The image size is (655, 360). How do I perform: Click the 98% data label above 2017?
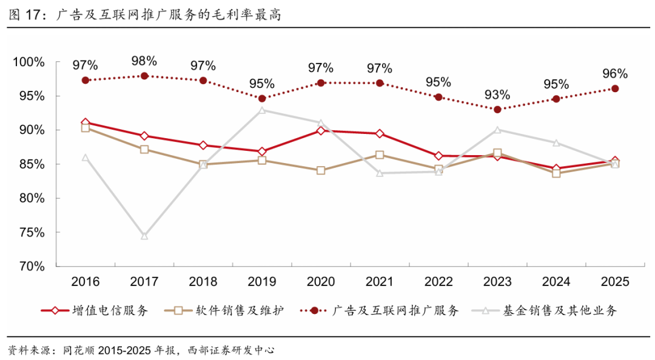coord(144,61)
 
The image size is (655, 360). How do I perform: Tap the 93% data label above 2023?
coord(497,95)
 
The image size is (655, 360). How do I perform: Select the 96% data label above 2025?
coord(614,74)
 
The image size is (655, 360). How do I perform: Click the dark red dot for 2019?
coord(262,98)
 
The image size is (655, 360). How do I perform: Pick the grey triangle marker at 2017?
coord(144,236)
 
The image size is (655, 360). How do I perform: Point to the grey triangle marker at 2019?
coord(262,110)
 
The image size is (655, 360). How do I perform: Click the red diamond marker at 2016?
coord(86,123)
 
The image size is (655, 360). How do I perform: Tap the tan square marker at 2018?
coord(203,164)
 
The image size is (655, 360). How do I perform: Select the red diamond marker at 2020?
coord(321,130)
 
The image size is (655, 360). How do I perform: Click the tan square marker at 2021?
coord(380,155)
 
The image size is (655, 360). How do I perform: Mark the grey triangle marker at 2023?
coord(497,130)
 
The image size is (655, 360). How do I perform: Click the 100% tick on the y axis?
coord(29,62)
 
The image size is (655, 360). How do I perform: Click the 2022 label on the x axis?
coord(438,282)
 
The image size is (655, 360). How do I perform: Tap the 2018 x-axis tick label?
coord(203,282)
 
